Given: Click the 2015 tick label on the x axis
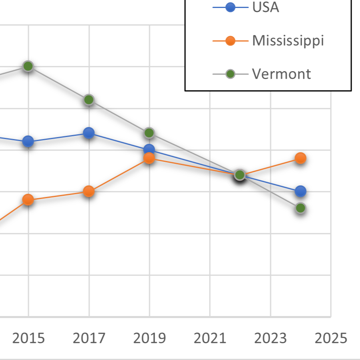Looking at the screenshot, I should [28, 338].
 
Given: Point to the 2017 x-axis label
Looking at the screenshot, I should [89, 338].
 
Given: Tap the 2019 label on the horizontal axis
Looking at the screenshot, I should [149, 338].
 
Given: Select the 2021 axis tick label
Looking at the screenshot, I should [210, 338].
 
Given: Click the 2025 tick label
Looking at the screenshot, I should [331, 338].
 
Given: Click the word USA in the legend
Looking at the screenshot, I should [265, 8].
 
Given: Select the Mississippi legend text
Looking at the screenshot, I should [288, 40].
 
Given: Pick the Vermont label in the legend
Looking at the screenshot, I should [281, 74].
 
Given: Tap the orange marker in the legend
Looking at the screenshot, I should [230, 40].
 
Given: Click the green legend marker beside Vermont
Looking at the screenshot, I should [230, 74].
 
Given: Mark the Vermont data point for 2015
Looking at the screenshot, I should [28, 66].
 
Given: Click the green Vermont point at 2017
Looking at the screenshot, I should [89, 99].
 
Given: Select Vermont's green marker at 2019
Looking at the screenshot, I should [149, 133].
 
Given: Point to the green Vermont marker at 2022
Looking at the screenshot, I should [240, 175].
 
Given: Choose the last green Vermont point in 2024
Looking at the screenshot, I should [301, 208].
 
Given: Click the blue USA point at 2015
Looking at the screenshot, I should [28, 141].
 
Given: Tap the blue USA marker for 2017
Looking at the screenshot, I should [89, 133].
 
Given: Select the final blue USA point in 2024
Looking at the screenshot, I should [301, 191].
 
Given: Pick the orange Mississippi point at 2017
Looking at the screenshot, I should [89, 191].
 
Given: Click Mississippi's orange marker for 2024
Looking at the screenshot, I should [301, 158].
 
